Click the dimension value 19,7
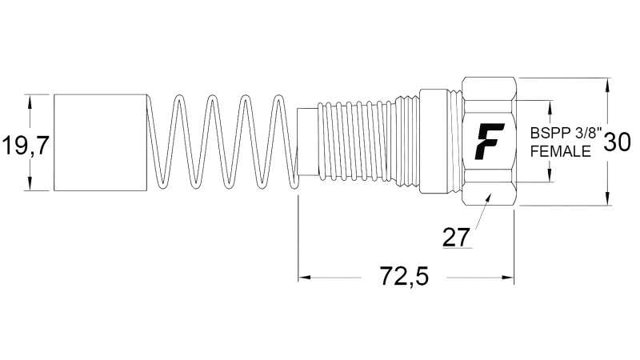coord(26,146)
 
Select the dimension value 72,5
coord(403,277)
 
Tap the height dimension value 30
coord(616,142)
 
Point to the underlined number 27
coord(457,237)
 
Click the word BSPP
coord(547,134)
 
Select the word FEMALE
coord(561,150)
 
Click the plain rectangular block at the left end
coord(101,142)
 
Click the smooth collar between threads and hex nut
coord(437,142)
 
